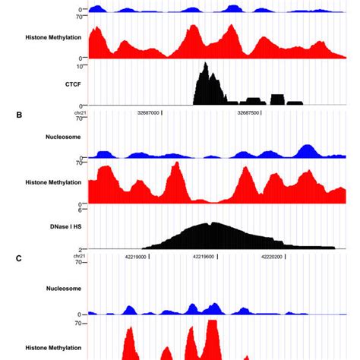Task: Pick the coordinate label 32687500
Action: point(248,112)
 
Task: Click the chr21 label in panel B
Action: point(80,112)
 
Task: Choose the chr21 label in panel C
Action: point(80,257)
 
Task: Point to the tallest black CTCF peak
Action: point(204,65)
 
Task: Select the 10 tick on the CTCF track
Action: point(82,67)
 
